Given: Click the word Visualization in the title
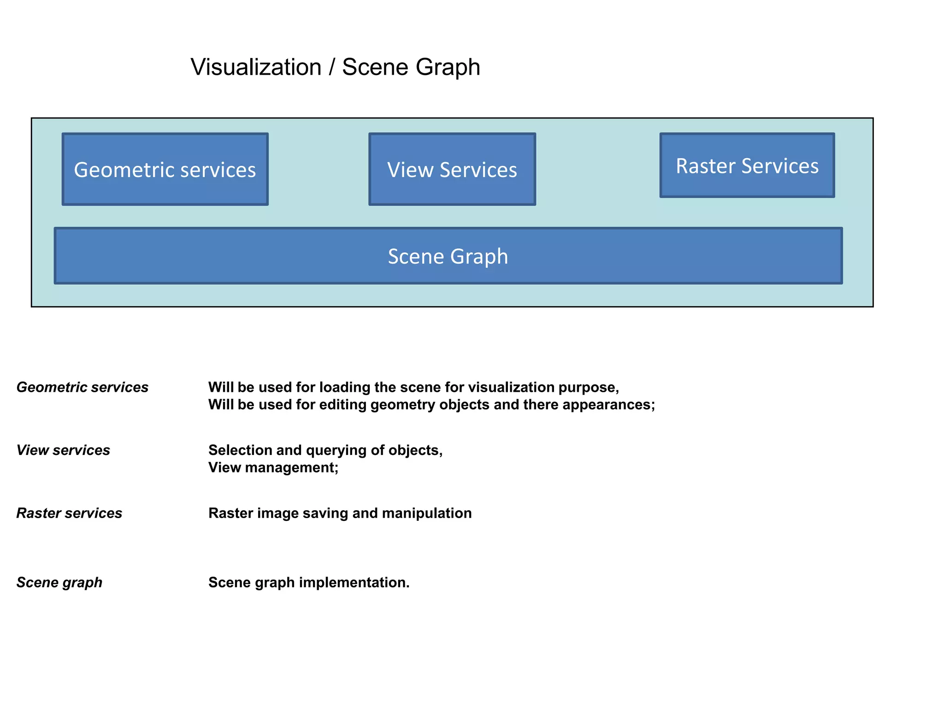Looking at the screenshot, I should [256, 67].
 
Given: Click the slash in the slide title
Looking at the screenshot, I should [332, 67].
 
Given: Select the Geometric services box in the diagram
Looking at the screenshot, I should [165, 170].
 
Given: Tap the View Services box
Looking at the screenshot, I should [452, 170].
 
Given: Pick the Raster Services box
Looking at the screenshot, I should [747, 166].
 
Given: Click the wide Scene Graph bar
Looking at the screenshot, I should [448, 256].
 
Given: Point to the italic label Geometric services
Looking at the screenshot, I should [83, 388].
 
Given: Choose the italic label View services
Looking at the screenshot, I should [63, 450].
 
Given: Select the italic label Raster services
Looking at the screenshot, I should [69, 513].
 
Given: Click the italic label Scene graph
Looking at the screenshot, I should [59, 583].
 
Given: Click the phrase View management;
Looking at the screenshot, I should [273, 468].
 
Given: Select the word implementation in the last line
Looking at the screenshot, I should [354, 583].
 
